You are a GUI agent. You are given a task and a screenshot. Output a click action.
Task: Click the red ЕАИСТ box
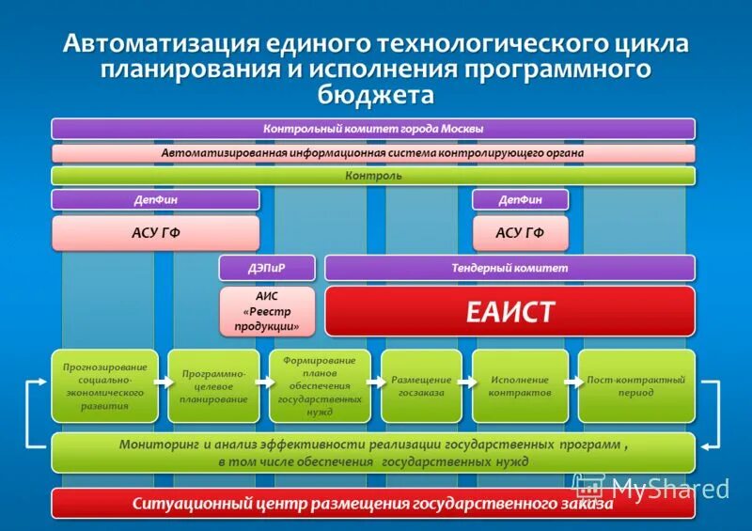[509, 311]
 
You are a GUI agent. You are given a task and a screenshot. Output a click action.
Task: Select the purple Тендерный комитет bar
[509, 268]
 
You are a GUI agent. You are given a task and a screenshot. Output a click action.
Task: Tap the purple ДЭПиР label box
[267, 268]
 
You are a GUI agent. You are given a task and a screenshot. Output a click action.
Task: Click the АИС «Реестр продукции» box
[267, 311]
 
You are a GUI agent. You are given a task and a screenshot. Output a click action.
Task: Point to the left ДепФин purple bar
[155, 199]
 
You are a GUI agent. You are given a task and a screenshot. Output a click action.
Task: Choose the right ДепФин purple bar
[520, 199]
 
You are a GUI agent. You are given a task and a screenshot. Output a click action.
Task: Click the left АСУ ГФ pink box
[155, 232]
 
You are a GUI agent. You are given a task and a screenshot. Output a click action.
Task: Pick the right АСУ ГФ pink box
[520, 232]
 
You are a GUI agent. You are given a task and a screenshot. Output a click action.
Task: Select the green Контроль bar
[373, 176]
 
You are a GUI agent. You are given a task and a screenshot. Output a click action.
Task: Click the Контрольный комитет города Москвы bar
[373, 129]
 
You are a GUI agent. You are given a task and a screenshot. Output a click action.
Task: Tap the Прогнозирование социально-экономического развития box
[104, 386]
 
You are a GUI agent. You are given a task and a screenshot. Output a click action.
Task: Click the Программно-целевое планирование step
[212, 386]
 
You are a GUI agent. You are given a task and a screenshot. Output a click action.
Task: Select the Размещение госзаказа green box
[421, 386]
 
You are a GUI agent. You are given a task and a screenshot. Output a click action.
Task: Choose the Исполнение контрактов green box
[520, 386]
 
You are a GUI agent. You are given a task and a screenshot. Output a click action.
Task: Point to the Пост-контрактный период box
[636, 386]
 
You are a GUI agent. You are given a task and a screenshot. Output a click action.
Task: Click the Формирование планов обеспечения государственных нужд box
[320, 386]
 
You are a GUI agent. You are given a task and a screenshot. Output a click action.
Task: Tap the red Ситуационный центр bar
[373, 504]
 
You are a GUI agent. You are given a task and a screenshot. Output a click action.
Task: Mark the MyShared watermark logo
[652, 487]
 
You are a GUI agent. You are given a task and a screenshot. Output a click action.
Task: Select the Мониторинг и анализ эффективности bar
[373, 453]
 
